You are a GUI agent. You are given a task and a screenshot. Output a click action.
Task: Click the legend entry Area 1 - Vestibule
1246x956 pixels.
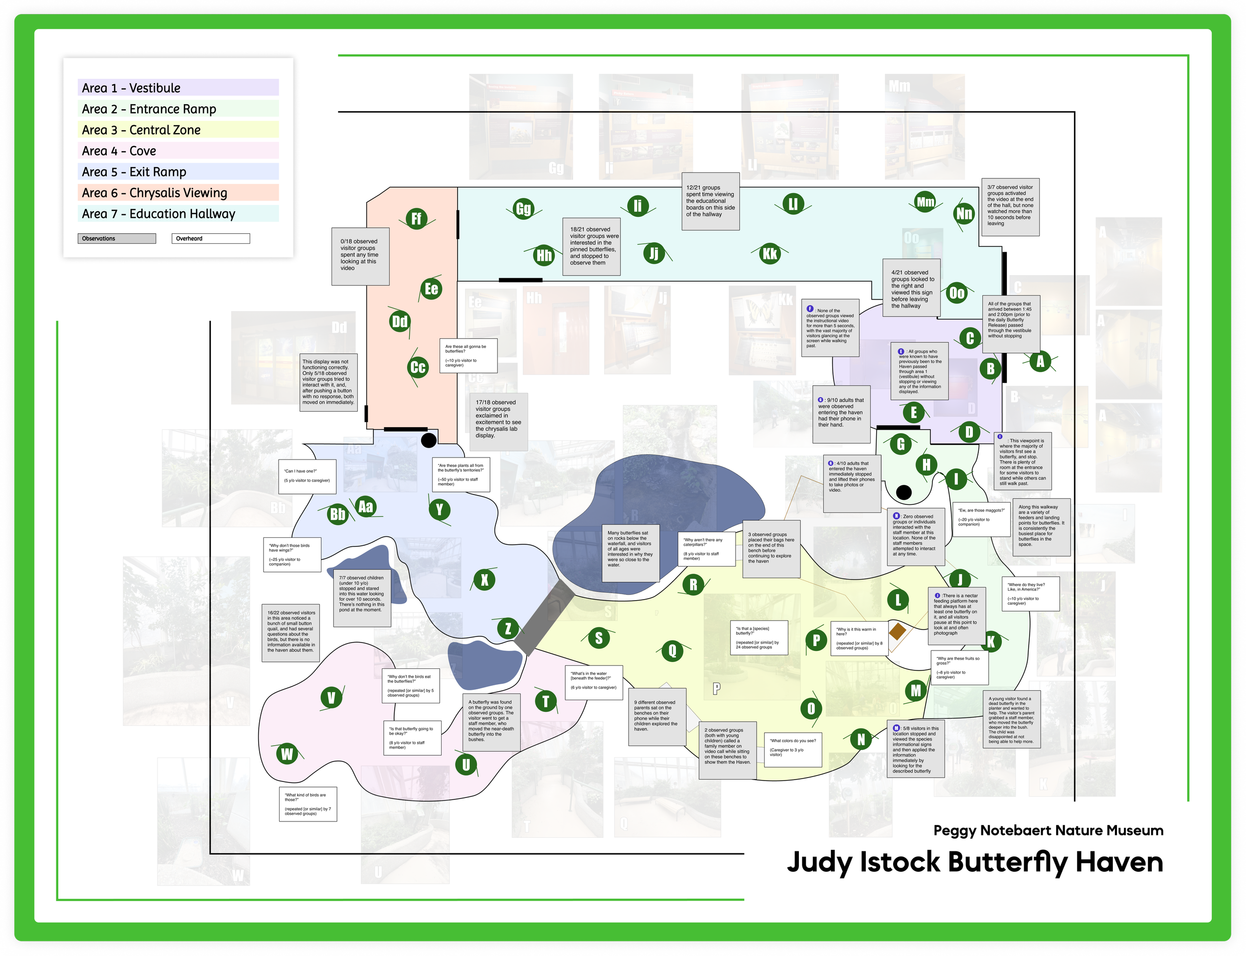[177, 88]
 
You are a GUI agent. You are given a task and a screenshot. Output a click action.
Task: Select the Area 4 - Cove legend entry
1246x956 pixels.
[177, 151]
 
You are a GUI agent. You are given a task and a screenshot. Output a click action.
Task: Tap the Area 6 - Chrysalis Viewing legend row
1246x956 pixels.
[177, 193]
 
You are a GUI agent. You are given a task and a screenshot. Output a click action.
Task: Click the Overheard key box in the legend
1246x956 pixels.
[210, 238]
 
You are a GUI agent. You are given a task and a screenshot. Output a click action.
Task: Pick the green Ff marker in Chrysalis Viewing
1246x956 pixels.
[417, 218]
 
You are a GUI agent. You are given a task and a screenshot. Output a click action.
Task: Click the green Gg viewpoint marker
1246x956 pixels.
[523, 209]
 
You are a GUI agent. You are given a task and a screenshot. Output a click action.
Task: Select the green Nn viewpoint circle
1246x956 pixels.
[964, 213]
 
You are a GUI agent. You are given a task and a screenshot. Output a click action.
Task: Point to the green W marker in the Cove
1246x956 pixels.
[287, 754]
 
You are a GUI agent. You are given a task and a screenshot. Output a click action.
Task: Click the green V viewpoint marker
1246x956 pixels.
[331, 697]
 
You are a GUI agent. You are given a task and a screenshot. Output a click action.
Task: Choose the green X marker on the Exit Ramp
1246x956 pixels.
[484, 580]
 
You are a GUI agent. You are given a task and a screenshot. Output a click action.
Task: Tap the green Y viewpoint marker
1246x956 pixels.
[439, 509]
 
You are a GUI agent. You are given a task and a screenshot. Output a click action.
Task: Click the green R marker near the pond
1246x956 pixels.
[693, 584]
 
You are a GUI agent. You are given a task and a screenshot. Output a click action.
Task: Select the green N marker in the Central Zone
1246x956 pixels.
[861, 739]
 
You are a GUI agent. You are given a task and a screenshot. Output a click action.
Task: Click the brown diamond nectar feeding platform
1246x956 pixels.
[897, 631]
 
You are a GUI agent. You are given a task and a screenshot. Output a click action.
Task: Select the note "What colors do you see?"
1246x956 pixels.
[792, 749]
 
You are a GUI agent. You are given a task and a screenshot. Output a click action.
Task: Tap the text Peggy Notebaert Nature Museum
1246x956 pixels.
[1048, 830]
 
